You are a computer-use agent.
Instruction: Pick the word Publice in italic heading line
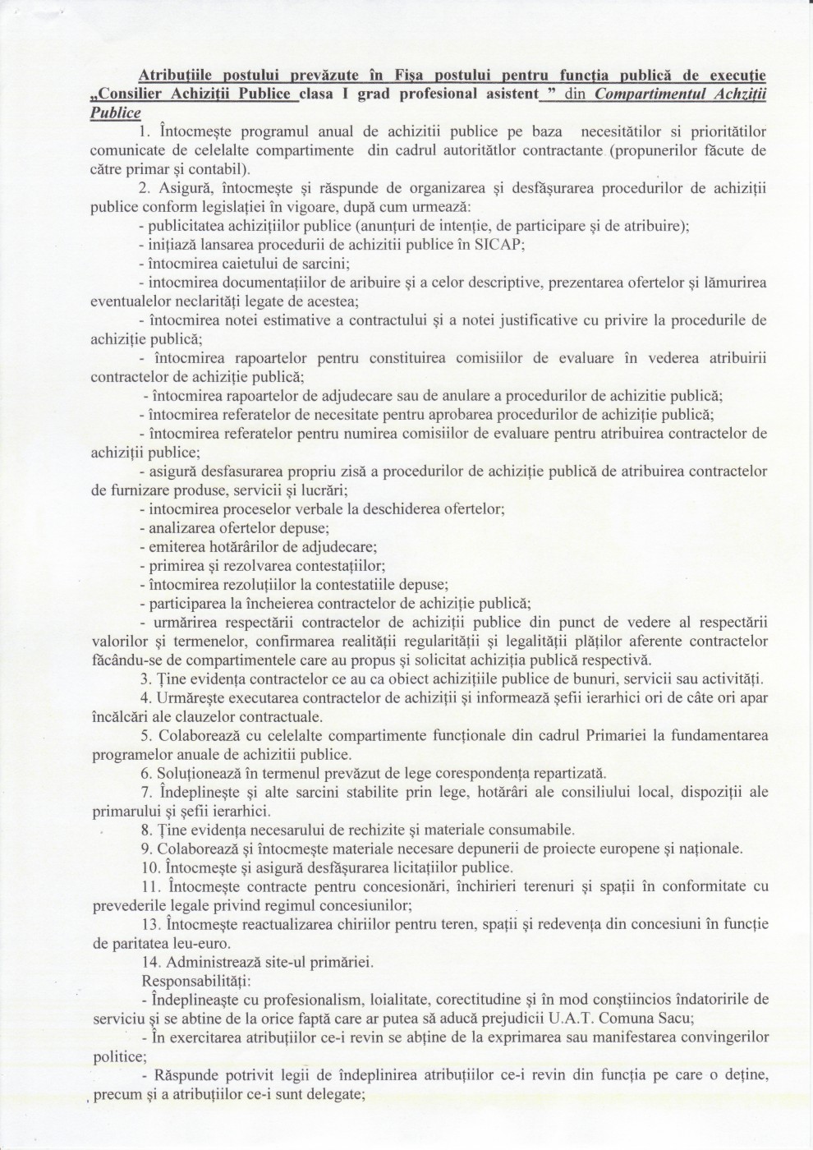(x=116, y=113)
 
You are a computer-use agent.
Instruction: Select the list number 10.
(x=151, y=867)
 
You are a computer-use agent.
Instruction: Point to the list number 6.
(x=146, y=773)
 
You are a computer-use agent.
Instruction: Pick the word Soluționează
(x=200, y=773)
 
